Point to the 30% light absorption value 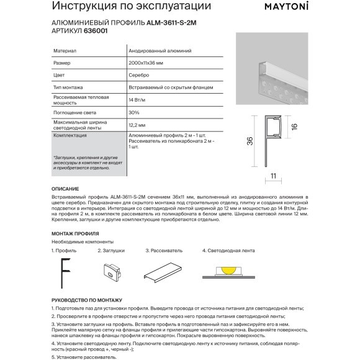134,112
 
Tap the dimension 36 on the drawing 249,142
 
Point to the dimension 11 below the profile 272,176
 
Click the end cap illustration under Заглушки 112,271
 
